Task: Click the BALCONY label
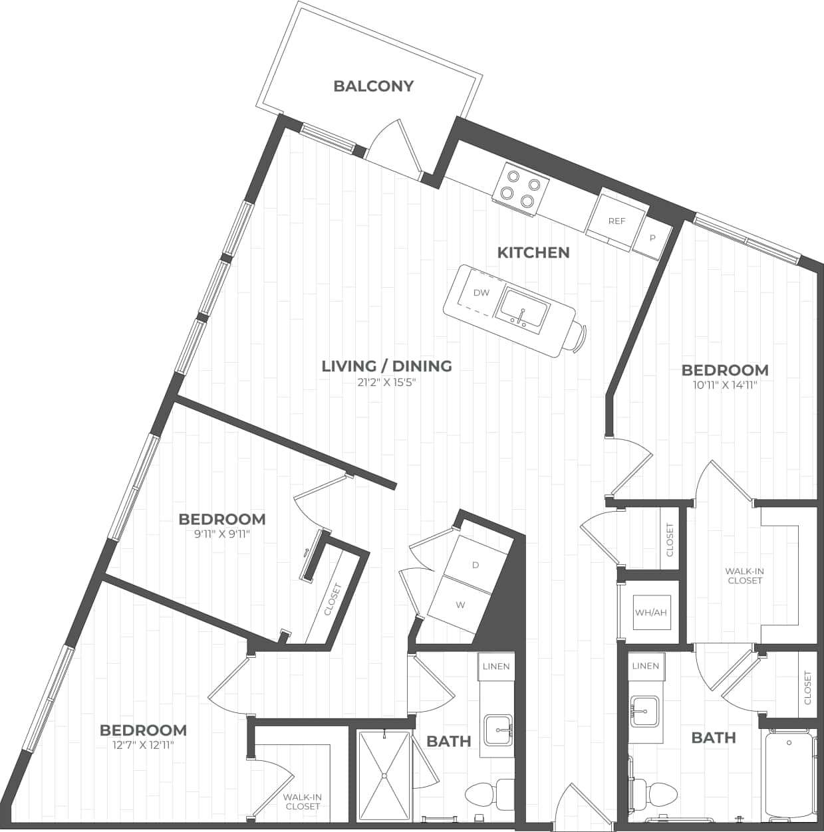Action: click(x=373, y=86)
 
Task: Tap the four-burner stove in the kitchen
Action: click(x=520, y=189)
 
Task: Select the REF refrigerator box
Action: click(x=617, y=221)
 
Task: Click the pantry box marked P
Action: click(x=652, y=238)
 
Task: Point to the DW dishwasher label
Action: click(x=481, y=292)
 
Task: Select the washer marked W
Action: click(x=460, y=605)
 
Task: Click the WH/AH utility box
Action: click(x=650, y=612)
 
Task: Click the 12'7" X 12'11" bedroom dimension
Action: click(x=142, y=745)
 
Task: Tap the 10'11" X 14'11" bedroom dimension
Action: click(x=724, y=384)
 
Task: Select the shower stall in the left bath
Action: click(x=384, y=776)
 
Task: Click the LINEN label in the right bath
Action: click(x=646, y=666)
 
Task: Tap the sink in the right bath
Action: click(x=645, y=711)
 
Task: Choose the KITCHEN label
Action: click(x=533, y=253)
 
